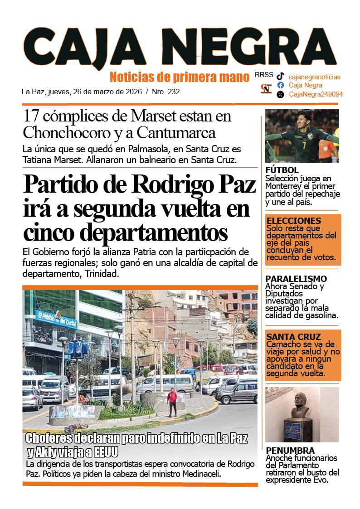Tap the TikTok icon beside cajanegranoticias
pos(281,77)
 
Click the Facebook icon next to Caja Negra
pos(281,85)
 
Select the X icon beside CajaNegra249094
pos(281,94)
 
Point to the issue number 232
pos(173,92)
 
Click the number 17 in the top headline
pos(31,116)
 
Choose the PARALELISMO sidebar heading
pos(296,279)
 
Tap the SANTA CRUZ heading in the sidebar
pos(293,337)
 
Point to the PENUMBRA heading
pos(290,451)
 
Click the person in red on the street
pos(172,401)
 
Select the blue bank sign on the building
pos(56,320)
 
